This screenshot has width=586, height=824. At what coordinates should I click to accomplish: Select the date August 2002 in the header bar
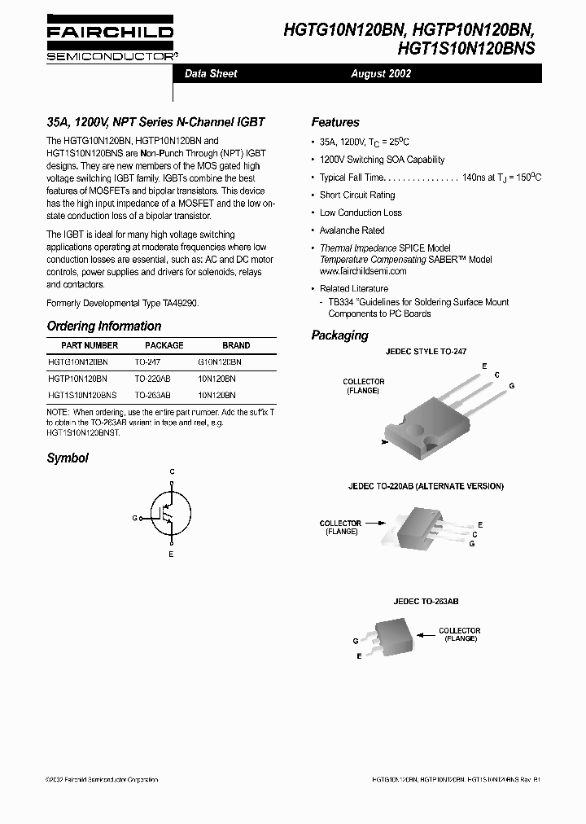coord(381,73)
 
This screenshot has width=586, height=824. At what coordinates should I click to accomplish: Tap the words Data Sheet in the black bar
coord(211,73)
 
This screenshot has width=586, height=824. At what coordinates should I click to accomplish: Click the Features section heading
coord(335,122)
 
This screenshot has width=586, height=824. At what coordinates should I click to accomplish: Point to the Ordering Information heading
coord(104,326)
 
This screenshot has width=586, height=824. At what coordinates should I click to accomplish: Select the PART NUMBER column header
coord(83,345)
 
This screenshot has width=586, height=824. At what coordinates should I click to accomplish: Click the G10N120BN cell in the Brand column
coord(220,362)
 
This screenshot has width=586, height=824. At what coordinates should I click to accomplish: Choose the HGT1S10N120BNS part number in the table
coord(82,394)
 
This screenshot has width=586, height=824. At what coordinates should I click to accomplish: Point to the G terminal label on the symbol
coord(134,518)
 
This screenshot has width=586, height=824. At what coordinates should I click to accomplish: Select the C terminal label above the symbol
coord(172,471)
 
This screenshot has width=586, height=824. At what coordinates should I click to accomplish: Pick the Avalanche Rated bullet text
coord(352,230)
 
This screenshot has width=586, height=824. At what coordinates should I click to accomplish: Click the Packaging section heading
coord(339,335)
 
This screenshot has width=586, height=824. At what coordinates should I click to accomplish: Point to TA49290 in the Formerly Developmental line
coord(177,303)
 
